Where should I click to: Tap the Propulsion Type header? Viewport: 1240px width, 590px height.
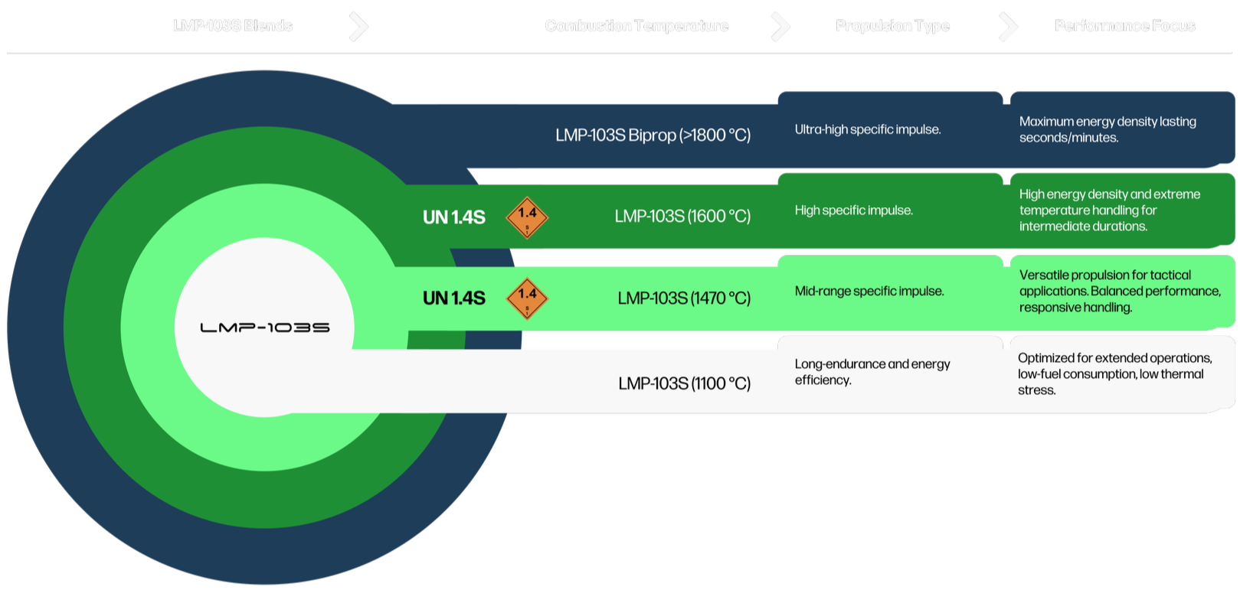click(892, 26)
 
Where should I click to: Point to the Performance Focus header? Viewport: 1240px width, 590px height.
click(1124, 26)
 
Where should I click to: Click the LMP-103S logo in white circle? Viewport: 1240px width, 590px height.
click(265, 328)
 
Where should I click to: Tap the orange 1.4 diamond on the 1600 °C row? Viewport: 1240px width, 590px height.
click(527, 217)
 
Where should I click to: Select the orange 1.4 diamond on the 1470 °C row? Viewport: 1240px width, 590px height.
click(527, 298)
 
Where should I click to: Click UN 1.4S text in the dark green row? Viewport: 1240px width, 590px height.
click(453, 217)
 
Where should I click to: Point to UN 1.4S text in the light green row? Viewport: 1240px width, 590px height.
click(453, 298)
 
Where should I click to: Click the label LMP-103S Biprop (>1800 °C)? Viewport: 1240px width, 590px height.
click(653, 135)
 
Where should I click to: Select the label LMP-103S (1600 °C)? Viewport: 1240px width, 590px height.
click(682, 217)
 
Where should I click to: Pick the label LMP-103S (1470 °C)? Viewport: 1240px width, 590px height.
click(684, 298)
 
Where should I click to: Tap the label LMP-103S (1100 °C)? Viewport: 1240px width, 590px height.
click(684, 383)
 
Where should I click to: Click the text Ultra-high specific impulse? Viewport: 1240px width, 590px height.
click(867, 129)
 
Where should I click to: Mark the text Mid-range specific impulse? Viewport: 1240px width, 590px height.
click(869, 291)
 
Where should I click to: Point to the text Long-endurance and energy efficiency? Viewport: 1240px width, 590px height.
click(872, 372)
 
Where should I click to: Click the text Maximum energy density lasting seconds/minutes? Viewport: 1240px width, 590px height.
click(1107, 129)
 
